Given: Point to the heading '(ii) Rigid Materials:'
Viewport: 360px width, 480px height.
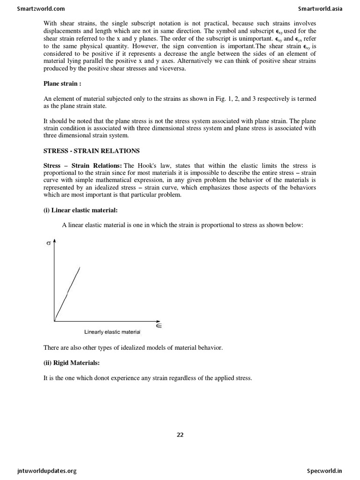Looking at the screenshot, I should tap(72, 362).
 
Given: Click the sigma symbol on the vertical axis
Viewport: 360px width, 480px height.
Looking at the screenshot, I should tap(48, 243).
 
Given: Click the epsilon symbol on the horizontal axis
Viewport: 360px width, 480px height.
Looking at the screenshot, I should tap(158, 324).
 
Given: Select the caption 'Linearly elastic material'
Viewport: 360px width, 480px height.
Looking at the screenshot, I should tap(112, 332).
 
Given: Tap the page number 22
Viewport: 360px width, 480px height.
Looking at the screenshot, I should tap(180, 435).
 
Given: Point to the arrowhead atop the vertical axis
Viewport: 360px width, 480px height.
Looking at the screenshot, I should tap(55, 240).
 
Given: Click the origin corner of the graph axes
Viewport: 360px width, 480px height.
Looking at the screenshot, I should tap(55, 321).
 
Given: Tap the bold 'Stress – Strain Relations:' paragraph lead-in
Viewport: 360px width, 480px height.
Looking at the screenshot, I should tap(82, 165).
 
